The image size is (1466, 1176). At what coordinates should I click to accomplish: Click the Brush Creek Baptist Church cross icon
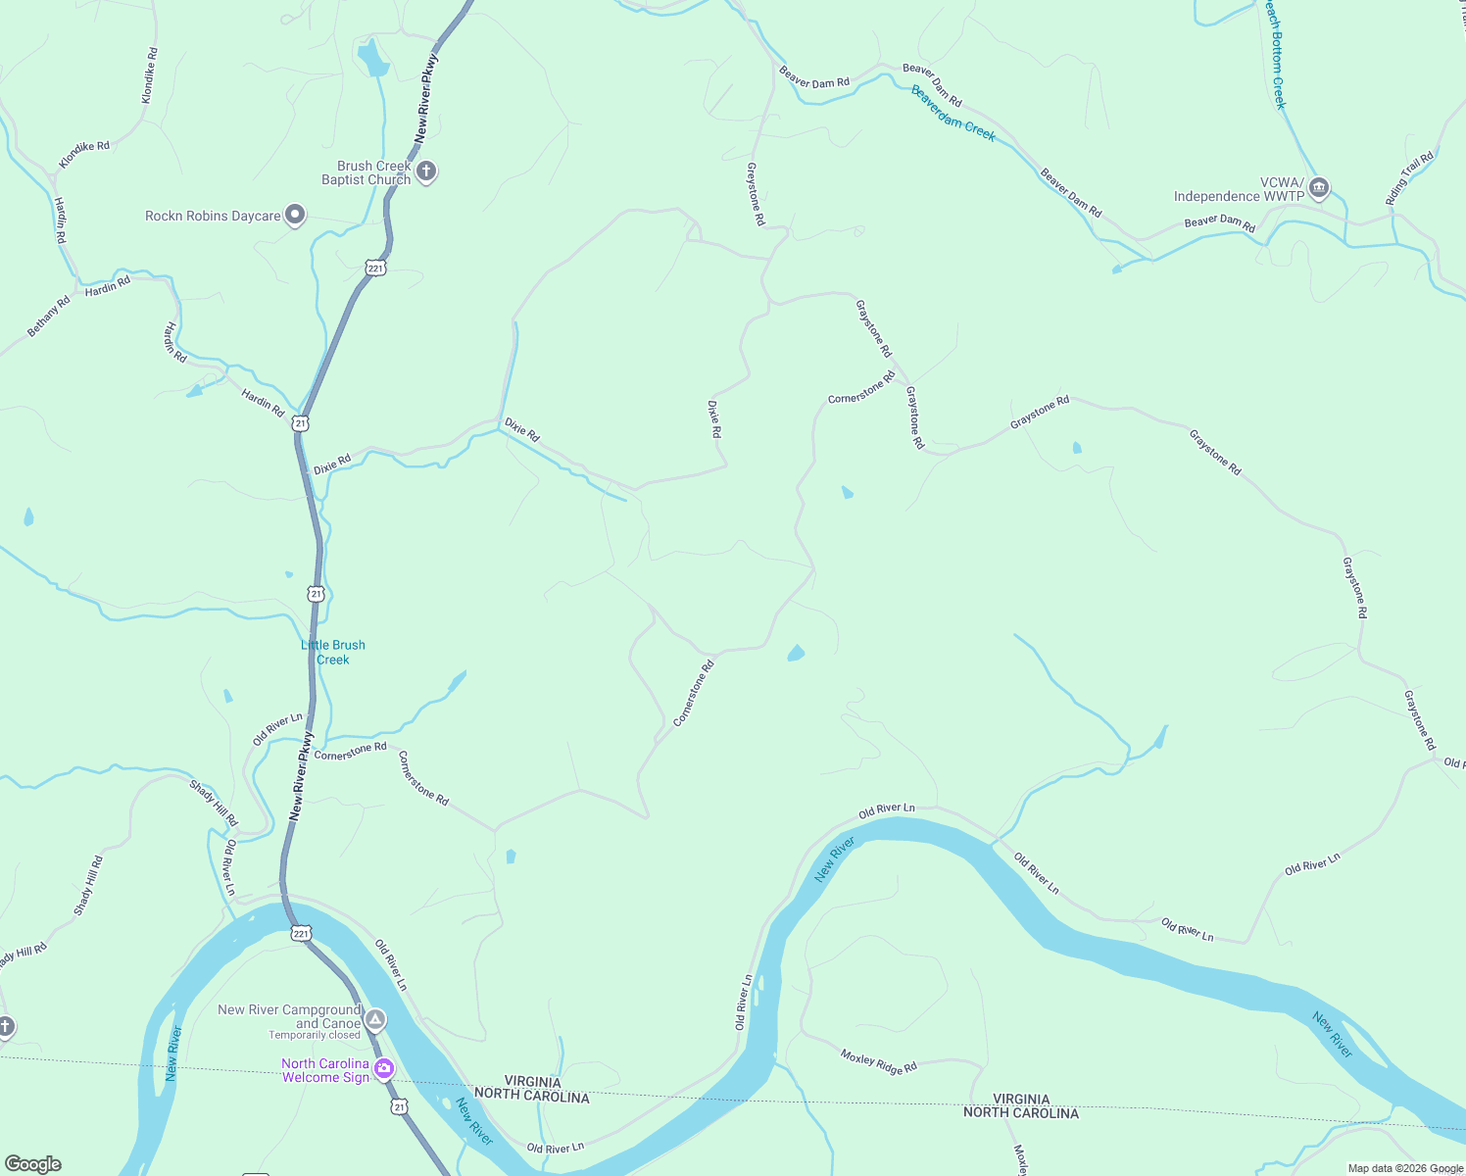426,172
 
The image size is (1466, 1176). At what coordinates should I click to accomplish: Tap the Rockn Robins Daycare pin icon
295,216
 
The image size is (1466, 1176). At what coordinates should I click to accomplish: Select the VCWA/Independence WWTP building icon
1319,188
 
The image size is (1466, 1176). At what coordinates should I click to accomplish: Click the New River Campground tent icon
374,1020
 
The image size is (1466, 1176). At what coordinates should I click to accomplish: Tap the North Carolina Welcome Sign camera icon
384,1068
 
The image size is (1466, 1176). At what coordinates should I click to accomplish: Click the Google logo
33,1164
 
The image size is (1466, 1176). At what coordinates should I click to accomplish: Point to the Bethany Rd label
48,317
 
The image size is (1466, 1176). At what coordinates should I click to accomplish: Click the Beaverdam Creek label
953,114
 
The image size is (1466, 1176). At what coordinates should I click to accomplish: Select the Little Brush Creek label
333,652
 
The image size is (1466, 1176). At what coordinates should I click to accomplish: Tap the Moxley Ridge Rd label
878,1061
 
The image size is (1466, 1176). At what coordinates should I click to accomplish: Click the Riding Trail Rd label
1409,178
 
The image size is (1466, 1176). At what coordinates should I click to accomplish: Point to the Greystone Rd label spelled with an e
755,194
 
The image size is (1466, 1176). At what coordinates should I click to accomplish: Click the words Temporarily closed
315,1035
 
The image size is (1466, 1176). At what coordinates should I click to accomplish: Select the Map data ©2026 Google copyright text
1404,1168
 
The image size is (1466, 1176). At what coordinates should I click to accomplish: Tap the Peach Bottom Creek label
1274,54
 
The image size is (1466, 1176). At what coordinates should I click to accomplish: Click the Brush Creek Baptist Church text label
366,172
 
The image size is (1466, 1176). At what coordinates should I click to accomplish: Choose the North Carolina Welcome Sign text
325,1070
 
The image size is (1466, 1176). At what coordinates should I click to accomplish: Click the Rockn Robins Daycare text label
213,216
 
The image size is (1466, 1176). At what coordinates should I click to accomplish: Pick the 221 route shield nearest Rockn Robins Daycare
375,268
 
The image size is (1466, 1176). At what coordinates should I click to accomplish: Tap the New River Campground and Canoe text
289,1016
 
